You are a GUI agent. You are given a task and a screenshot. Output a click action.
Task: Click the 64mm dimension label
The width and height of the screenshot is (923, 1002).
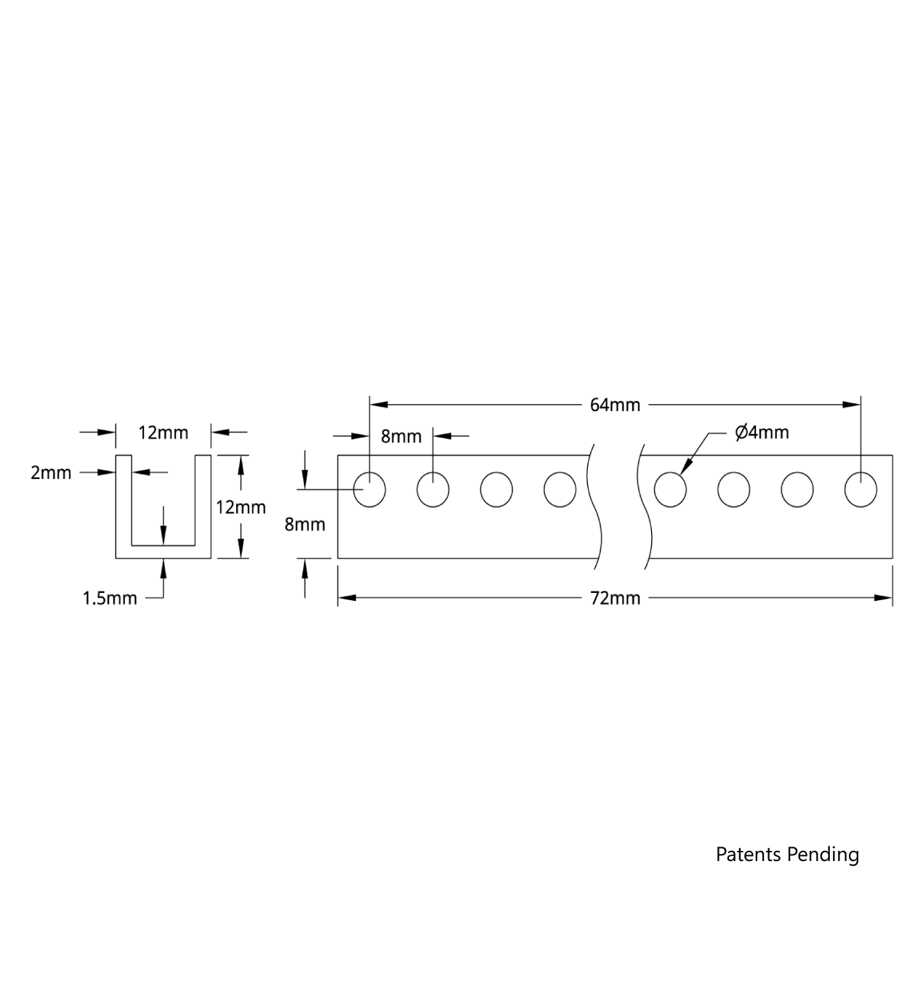pos(614,405)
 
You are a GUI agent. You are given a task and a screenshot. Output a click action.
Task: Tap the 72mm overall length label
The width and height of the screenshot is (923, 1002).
pos(615,598)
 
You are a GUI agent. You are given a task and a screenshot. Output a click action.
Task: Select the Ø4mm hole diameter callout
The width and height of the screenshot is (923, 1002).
pos(762,433)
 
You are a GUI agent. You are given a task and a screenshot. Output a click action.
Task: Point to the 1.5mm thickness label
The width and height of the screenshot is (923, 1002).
pos(109,599)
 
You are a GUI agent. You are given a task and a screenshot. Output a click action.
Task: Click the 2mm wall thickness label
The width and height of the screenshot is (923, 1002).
pos(51,473)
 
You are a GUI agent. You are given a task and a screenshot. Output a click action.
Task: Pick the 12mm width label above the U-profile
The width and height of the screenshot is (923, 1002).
pos(163,433)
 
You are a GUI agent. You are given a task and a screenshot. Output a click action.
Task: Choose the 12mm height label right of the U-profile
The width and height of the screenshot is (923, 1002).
pos(241,507)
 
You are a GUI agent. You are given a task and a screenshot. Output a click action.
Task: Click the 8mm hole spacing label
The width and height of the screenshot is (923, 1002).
pos(401,437)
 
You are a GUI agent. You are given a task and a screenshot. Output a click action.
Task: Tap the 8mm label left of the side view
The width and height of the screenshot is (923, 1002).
pos(305,524)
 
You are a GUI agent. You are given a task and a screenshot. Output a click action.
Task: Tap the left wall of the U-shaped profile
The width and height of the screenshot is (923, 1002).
pos(124,501)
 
